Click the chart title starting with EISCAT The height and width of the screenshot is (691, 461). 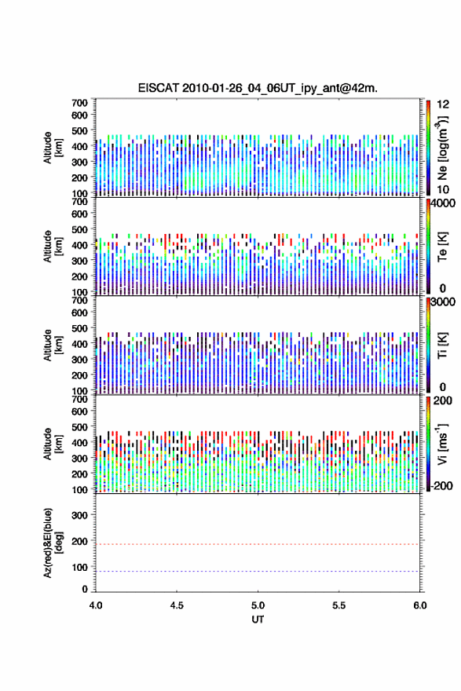258,88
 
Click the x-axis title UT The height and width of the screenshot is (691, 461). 258,620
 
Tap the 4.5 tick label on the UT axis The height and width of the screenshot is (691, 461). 177,605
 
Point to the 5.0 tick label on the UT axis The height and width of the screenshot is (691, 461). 258,605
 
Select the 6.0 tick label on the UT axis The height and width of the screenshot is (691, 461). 420,605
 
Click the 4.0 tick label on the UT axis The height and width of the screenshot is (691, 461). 96,605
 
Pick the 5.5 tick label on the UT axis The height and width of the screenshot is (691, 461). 339,605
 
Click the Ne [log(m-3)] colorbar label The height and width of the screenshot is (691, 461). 442,148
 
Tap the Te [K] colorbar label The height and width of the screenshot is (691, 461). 442,246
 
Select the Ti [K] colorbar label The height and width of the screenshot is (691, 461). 442,345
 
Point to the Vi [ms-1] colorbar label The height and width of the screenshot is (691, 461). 442,444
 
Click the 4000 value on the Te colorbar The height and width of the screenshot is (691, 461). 443,203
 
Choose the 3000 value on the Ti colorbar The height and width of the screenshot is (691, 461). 443,302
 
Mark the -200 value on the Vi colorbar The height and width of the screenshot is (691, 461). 441,485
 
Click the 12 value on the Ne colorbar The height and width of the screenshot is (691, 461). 443,104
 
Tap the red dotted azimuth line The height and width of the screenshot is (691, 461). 258,544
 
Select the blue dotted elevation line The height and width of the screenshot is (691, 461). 258,571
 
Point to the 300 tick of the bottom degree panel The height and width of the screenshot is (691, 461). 79,515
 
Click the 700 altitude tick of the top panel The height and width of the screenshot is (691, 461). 79,103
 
